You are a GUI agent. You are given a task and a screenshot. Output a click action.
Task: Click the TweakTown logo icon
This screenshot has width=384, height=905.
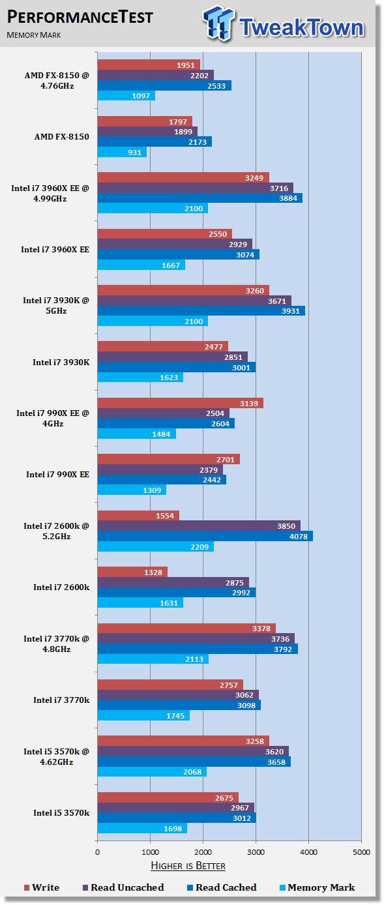click(218, 23)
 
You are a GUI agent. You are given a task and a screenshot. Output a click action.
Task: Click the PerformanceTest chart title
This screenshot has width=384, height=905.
click(80, 17)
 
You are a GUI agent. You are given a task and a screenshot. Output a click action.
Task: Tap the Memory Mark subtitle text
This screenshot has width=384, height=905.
click(33, 35)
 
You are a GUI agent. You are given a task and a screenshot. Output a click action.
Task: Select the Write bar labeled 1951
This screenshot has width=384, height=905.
click(149, 65)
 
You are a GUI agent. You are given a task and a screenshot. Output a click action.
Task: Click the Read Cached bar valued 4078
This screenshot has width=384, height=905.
click(205, 536)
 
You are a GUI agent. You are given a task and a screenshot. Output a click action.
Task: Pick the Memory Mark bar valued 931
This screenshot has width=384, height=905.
click(122, 153)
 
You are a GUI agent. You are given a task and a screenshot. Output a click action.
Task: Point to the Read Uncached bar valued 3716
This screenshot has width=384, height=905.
click(196, 188)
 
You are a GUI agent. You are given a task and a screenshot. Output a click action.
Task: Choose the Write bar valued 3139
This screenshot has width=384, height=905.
click(180, 403)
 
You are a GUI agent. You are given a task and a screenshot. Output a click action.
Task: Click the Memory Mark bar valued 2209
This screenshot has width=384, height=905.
click(155, 546)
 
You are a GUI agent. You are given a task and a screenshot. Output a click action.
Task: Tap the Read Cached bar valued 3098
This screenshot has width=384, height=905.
click(179, 705)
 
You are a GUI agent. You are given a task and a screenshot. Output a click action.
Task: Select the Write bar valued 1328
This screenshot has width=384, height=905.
click(132, 572)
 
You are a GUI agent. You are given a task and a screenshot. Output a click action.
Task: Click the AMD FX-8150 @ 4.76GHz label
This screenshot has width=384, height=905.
click(57, 80)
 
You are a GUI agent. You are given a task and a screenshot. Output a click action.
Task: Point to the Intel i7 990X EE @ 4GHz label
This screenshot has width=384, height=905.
click(53, 418)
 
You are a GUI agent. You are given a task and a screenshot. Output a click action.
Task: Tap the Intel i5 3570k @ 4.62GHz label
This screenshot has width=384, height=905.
click(57, 757)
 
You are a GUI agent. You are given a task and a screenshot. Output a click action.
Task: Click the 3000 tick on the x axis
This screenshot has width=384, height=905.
click(256, 852)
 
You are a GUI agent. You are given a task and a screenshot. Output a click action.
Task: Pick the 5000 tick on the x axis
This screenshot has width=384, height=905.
click(361, 852)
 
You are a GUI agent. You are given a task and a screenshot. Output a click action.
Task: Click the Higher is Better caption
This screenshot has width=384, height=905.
click(188, 866)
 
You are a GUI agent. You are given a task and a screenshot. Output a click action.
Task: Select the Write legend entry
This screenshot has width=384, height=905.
click(42, 887)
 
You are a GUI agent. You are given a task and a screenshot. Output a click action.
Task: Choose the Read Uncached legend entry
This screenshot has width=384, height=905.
click(123, 887)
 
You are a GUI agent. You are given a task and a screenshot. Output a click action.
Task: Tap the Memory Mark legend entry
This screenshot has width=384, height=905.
click(318, 887)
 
